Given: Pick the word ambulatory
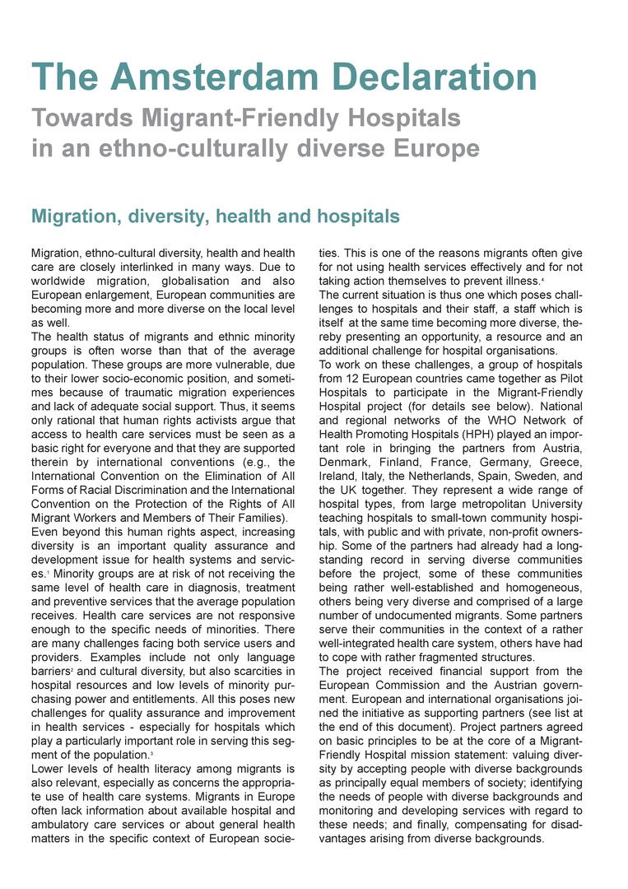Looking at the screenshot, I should point(66,826).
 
